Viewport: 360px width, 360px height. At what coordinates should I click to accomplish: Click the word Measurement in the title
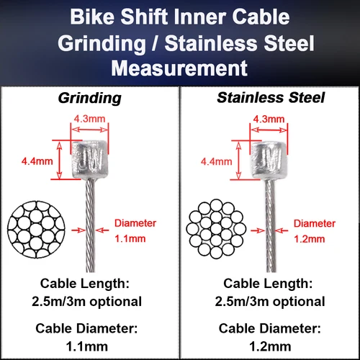pyautogui.click(x=180, y=68)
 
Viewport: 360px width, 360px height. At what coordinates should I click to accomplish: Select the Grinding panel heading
pyautogui.click(x=90, y=97)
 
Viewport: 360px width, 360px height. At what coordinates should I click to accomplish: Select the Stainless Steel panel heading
pyautogui.click(x=270, y=97)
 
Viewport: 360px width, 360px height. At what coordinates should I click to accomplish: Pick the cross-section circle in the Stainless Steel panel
pyautogui.click(x=217, y=225)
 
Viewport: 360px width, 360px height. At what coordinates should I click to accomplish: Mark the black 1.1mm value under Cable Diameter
pyautogui.click(x=90, y=346)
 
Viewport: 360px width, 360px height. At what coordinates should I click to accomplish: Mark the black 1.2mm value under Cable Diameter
pyautogui.click(x=270, y=346)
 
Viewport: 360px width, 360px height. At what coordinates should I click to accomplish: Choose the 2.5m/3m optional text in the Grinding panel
pyautogui.click(x=90, y=300)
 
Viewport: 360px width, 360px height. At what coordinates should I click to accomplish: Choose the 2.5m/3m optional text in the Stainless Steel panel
pyautogui.click(x=270, y=300)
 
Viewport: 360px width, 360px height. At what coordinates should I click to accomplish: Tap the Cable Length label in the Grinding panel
pyautogui.click(x=90, y=282)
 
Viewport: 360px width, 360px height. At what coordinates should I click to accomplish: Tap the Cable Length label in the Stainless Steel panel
pyautogui.click(x=270, y=282)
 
